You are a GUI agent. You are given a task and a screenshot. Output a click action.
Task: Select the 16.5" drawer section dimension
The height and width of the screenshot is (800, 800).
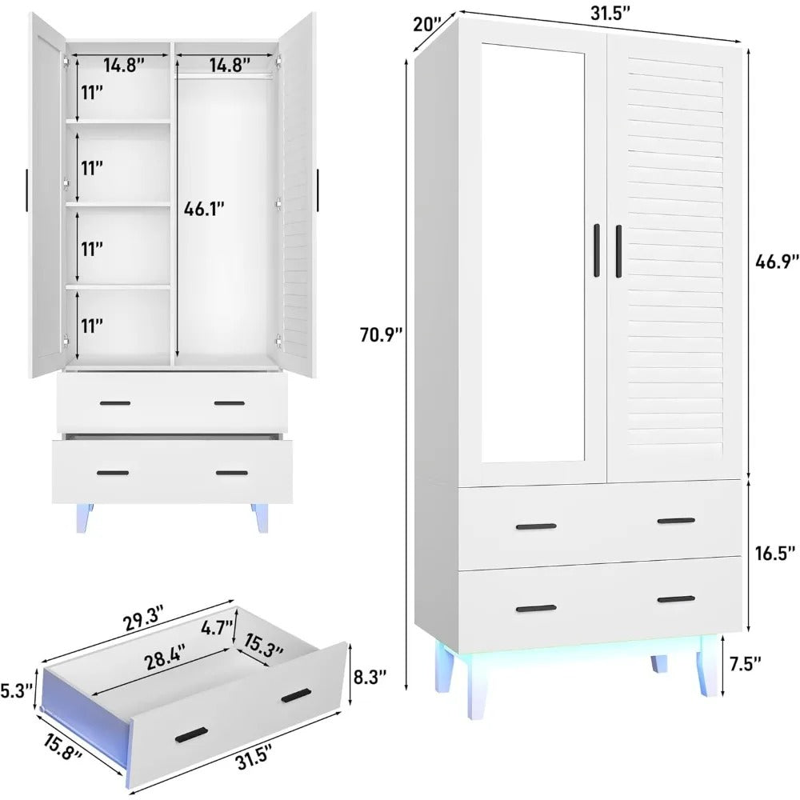[x=774, y=553]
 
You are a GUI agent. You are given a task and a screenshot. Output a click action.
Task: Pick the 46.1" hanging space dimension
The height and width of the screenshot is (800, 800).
[x=203, y=209]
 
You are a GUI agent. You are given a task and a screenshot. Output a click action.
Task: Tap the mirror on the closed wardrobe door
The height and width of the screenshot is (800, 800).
[x=531, y=248]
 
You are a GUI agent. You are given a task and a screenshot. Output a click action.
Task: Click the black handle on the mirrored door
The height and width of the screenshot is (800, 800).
[x=597, y=250]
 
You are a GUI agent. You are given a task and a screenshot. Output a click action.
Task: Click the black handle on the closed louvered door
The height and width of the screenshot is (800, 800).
[x=618, y=251]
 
